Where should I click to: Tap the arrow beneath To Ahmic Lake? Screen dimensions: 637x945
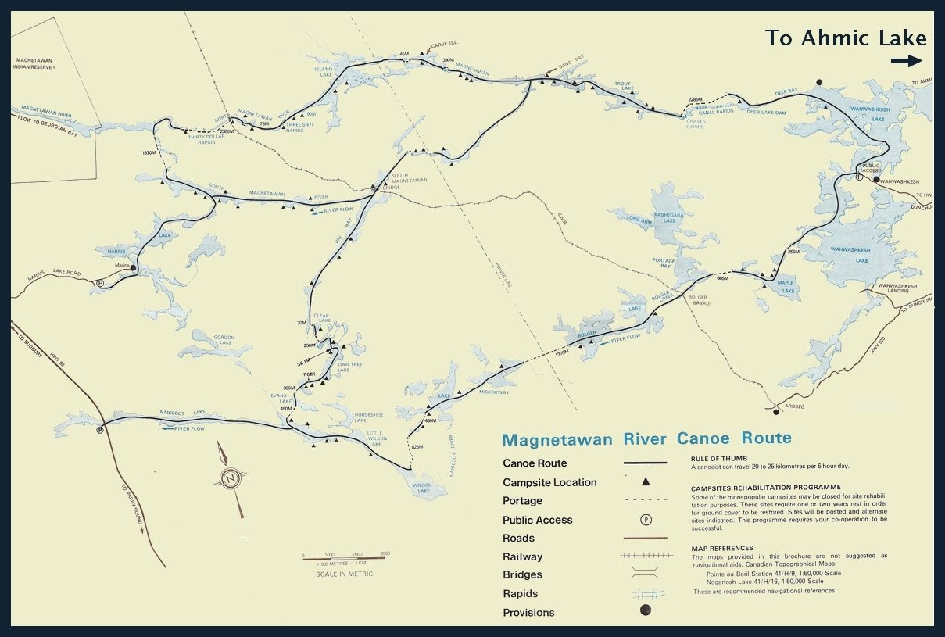coord(906,61)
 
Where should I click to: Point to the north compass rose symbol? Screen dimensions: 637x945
coord(230,479)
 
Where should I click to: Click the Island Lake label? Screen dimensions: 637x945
coord(324,72)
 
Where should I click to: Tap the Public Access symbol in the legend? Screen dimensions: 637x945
coord(646,520)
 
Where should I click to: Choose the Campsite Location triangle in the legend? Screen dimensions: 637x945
coord(646,482)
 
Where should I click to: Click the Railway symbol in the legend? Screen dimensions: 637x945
coord(646,556)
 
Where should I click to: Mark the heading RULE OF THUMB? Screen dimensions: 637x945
coord(720,459)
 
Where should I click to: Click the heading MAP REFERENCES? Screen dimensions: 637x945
coord(721,548)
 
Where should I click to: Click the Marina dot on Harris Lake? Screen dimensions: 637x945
coord(134,268)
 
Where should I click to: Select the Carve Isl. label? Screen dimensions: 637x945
coord(443,46)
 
